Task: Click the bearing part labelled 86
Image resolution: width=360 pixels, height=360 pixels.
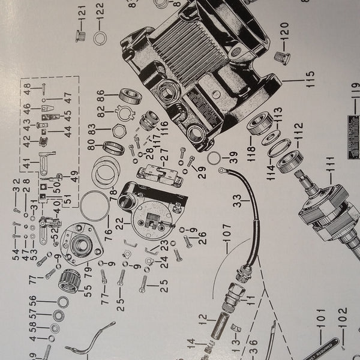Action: coord(129,96)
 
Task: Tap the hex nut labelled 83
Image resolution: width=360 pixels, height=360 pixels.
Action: coord(117,128)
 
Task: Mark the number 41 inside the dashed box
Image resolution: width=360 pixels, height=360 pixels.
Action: coord(25,163)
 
